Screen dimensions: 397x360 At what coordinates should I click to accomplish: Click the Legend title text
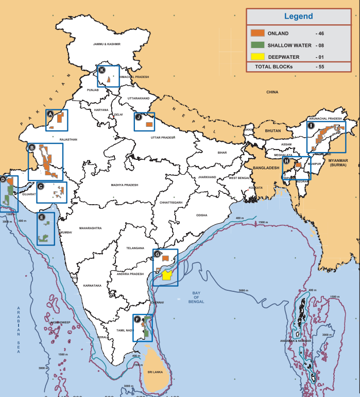pos(298,16)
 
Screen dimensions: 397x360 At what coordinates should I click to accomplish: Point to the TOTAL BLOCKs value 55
pos(320,67)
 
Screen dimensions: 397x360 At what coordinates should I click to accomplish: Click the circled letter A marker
pos(50,114)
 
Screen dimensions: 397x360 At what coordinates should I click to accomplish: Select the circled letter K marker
pos(102,70)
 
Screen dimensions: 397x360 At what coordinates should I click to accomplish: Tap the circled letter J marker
pos(139,117)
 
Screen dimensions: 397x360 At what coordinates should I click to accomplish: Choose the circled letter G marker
pos(158,254)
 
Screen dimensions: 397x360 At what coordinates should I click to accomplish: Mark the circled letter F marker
pos(137,319)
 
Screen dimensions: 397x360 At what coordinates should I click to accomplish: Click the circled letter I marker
pos(311,125)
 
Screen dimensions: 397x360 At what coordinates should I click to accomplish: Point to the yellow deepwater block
pos(166,275)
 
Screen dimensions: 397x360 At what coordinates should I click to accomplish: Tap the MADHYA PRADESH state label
pos(125,185)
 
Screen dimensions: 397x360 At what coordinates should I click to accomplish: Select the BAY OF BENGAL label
pos(196,297)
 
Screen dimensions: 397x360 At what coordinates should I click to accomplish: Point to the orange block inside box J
pos(149,124)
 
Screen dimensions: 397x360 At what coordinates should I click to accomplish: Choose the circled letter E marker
pos(41,217)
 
